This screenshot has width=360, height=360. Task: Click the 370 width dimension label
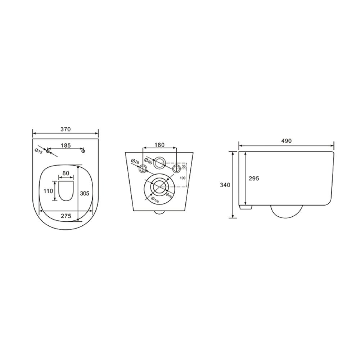(65, 129)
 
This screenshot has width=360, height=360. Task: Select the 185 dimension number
(65, 145)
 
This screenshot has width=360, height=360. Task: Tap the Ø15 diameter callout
(39, 152)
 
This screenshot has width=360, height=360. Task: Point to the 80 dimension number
(66, 173)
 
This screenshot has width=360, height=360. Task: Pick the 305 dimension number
(85, 193)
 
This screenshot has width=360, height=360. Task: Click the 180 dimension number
(159, 145)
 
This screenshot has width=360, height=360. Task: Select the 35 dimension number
(184, 166)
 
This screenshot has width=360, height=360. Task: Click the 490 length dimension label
(287, 141)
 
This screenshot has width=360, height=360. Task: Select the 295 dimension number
(254, 178)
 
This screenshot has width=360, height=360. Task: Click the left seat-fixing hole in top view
(47, 151)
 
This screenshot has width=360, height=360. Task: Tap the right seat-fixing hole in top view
(83, 151)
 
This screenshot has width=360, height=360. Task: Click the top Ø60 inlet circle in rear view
(159, 162)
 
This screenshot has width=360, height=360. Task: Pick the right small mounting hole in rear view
(176, 168)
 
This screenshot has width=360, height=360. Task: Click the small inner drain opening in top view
(66, 191)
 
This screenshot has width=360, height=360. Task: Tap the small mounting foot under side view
(246, 207)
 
